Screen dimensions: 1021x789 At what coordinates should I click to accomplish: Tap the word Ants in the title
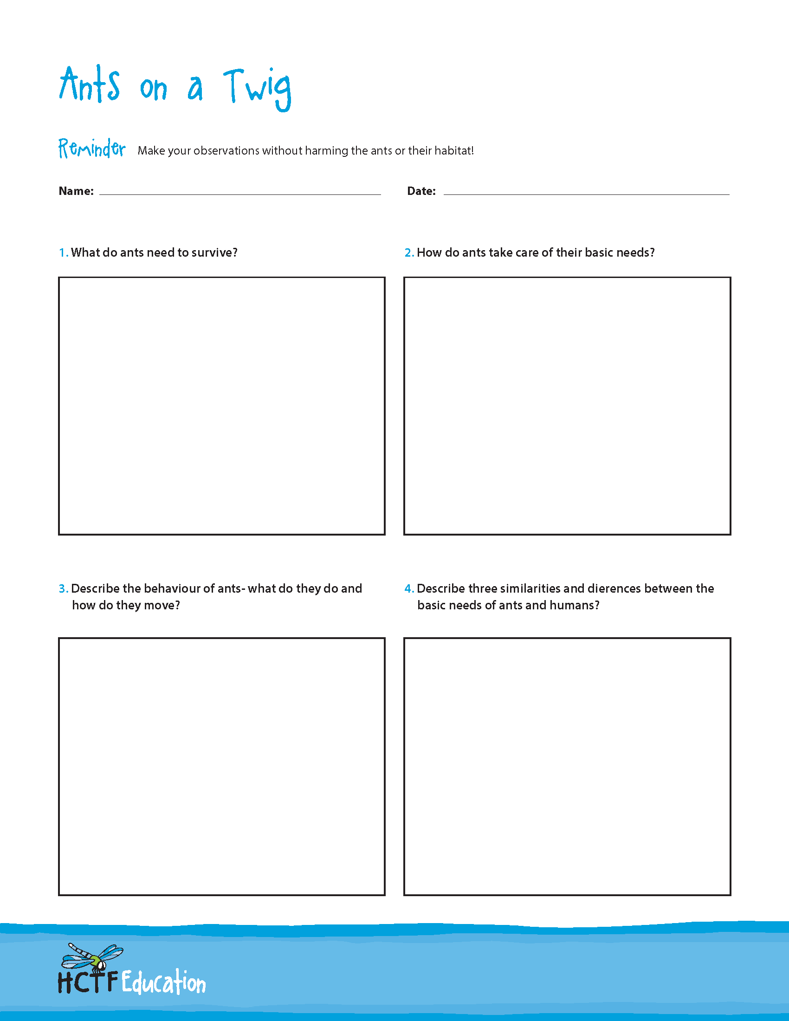(x=90, y=85)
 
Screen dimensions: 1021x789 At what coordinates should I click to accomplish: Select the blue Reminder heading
(x=91, y=149)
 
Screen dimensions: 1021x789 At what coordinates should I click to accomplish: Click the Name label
(x=76, y=191)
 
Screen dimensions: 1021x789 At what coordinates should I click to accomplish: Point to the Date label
(x=421, y=191)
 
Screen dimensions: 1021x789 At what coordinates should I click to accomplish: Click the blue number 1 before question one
(x=63, y=253)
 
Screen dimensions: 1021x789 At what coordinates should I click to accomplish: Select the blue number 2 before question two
(x=408, y=253)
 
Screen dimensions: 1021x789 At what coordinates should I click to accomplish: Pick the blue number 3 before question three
(x=63, y=588)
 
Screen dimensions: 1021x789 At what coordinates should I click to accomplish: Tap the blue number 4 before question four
(x=408, y=588)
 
